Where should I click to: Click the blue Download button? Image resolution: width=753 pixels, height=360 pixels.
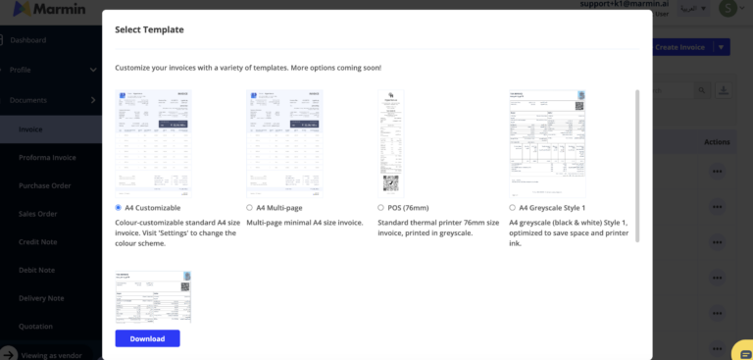click(147, 338)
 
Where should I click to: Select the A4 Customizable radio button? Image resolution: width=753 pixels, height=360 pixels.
click(119, 208)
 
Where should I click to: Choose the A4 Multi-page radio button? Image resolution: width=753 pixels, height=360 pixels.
click(249, 208)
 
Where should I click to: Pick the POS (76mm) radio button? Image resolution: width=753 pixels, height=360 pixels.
click(380, 208)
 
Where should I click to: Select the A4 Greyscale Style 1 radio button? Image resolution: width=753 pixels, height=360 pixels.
click(512, 208)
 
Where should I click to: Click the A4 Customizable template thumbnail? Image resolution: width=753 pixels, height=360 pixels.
click(153, 143)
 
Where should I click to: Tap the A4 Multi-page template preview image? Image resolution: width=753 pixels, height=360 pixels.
click(284, 143)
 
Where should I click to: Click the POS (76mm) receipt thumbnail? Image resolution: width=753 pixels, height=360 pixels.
click(392, 143)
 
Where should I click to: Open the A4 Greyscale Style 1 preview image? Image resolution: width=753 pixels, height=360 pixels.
click(547, 143)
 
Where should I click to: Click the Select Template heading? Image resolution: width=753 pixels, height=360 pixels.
click(149, 29)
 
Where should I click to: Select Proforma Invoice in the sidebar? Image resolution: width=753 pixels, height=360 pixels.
click(47, 157)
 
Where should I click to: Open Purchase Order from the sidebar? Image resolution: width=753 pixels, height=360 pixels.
click(46, 185)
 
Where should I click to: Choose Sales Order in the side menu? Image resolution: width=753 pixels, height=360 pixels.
click(40, 214)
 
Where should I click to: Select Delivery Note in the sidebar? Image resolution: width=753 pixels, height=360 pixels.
click(42, 298)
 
